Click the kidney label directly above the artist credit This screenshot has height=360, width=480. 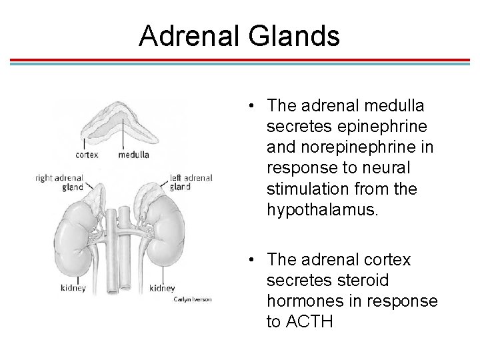pyautogui.click(x=163, y=289)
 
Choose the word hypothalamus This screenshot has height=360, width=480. pyautogui.click(x=322, y=210)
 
